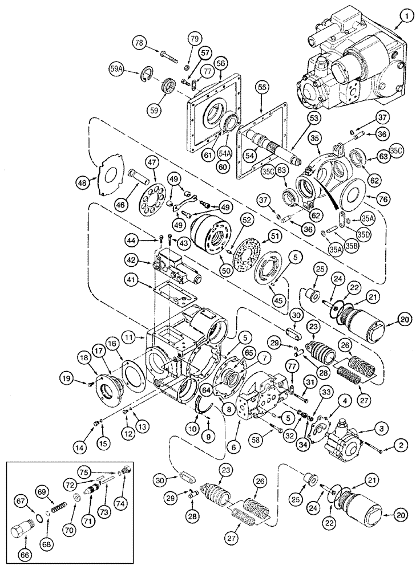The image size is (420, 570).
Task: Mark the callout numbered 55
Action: (261, 87)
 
